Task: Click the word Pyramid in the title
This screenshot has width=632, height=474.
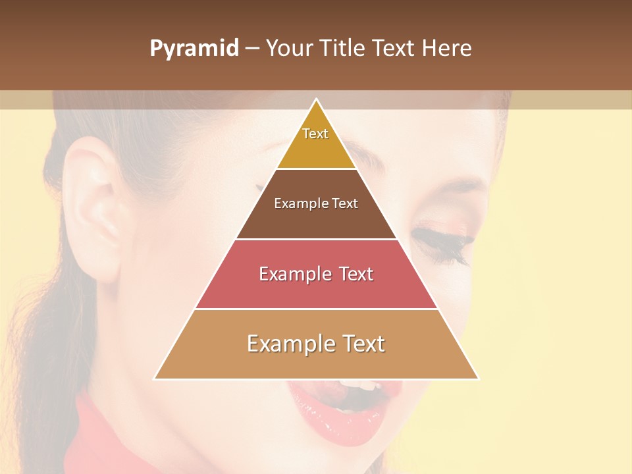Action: (194, 49)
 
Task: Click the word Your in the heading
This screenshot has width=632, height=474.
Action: (290, 49)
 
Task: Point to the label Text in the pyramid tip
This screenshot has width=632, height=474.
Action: (315, 134)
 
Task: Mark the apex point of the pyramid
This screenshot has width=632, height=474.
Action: (317, 99)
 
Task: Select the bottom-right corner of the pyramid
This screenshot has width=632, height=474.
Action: (479, 379)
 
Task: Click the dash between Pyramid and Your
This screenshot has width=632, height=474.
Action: (251, 49)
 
